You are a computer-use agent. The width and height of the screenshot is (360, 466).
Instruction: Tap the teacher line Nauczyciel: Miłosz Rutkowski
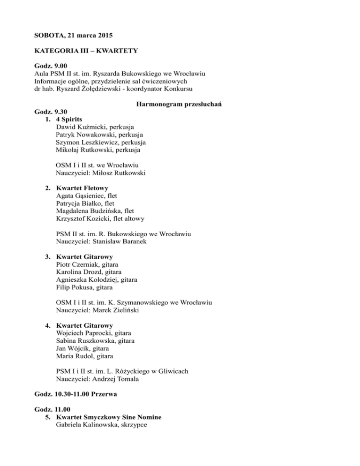(100, 173)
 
